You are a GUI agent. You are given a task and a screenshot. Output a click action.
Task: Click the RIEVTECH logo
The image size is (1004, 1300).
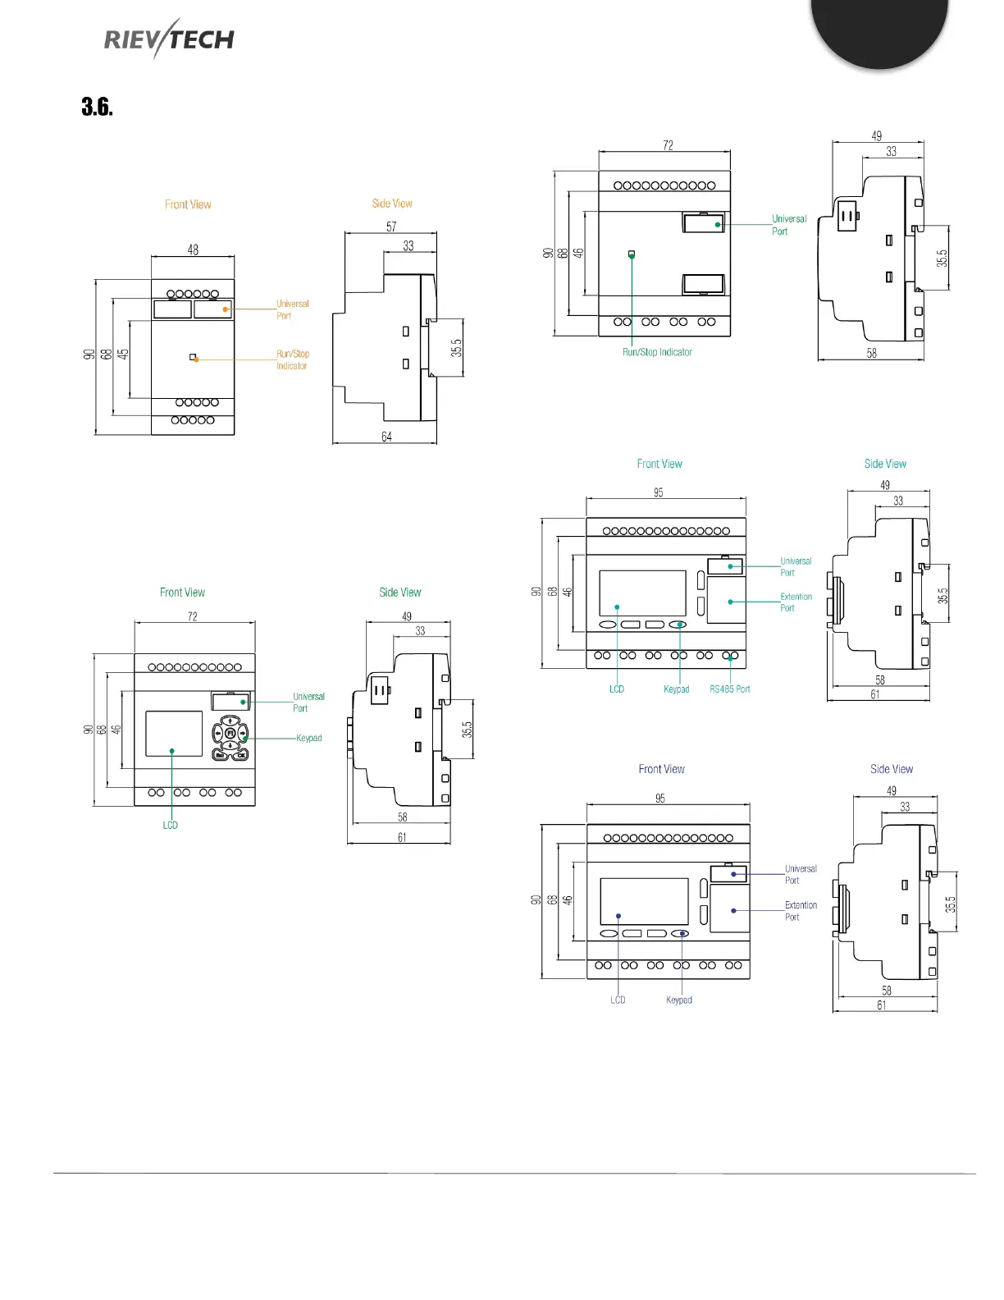click(169, 39)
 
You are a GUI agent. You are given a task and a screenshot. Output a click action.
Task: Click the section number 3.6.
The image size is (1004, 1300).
click(97, 107)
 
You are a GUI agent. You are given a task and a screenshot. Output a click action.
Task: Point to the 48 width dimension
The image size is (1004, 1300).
click(193, 249)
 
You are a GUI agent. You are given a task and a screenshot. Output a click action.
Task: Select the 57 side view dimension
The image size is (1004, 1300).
click(391, 227)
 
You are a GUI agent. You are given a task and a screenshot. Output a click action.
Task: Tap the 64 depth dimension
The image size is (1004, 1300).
click(386, 437)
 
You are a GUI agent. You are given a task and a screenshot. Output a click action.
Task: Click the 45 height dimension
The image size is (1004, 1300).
click(123, 355)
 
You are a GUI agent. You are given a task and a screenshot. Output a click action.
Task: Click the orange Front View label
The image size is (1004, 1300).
click(188, 204)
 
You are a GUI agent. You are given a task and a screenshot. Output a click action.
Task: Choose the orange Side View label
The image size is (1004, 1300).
click(392, 204)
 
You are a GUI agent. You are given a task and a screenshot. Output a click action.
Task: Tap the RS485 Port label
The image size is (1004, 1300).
click(729, 689)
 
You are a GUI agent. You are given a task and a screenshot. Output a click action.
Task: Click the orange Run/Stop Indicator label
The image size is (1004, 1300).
click(292, 359)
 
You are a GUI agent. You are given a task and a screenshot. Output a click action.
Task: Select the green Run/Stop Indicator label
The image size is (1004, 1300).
click(657, 352)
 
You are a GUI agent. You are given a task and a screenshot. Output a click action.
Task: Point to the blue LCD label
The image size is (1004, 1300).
click(618, 1000)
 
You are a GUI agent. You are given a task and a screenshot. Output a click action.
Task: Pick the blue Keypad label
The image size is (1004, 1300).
click(678, 1000)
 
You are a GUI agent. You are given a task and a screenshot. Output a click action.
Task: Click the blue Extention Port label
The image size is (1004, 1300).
click(801, 911)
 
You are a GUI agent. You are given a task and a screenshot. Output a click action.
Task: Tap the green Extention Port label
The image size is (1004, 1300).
click(796, 602)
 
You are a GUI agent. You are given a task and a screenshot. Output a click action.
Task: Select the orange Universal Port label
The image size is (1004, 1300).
click(292, 309)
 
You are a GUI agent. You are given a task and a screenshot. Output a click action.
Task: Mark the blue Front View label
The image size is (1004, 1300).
click(661, 769)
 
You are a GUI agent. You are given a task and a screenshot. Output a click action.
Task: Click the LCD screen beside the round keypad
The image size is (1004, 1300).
click(174, 734)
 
